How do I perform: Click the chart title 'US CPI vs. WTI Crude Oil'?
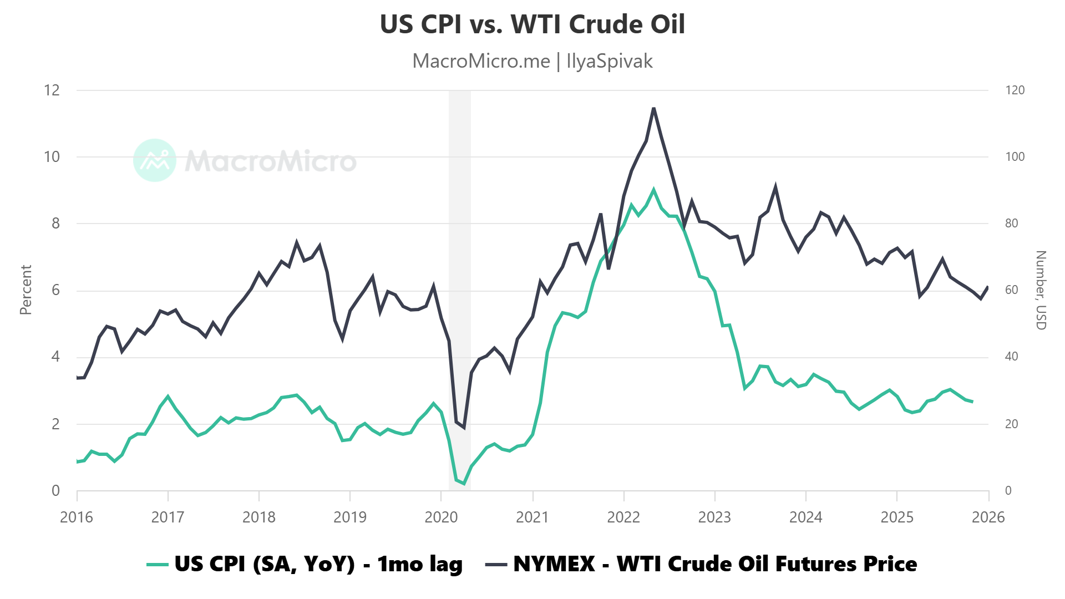tap(532, 24)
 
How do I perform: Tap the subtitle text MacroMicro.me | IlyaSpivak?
tap(532, 61)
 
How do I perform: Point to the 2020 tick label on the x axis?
tap(441, 517)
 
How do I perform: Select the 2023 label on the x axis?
tap(714, 517)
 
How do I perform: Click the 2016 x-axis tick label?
tap(77, 517)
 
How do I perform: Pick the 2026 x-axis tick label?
tap(988, 517)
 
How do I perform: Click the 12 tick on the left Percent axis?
tap(52, 90)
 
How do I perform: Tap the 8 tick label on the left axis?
tap(55, 224)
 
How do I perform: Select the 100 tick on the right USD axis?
tap(1015, 157)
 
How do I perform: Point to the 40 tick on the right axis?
tap(1011, 357)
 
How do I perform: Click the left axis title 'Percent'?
tap(26, 290)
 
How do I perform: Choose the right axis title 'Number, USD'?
tap(1041, 290)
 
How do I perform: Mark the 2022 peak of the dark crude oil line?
tap(653, 108)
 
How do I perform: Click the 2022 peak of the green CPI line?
tap(653, 190)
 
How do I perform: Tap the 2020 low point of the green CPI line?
tap(464, 484)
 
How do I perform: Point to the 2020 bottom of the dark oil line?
tap(464, 428)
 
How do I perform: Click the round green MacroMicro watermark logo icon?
tap(155, 160)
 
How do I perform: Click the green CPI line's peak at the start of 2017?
tap(168, 397)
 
